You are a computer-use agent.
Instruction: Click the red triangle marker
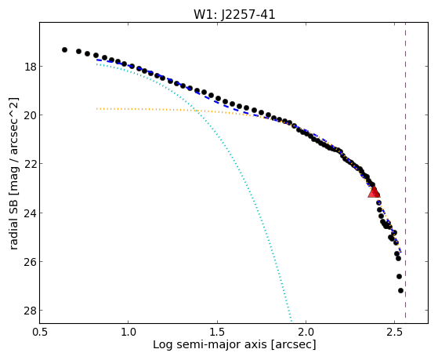click(374, 192)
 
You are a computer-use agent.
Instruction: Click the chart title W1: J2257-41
click(234, 15)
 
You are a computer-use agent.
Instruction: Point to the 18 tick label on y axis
click(30, 67)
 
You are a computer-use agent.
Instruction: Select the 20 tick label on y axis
click(30, 115)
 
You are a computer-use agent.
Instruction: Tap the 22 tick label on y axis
click(30, 164)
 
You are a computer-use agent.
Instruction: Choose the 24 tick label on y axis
click(30, 213)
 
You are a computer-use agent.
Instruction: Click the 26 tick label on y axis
click(30, 262)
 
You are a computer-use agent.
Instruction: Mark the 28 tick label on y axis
click(30, 311)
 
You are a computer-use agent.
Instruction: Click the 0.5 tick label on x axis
click(40, 332)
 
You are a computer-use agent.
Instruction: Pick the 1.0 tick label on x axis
click(129, 332)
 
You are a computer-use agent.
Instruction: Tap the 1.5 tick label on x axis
click(217, 332)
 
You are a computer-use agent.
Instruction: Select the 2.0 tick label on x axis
click(306, 332)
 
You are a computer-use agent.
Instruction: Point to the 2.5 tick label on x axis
click(394, 332)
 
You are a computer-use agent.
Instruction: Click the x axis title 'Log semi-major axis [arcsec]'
click(234, 345)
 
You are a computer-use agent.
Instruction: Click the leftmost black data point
click(64, 49)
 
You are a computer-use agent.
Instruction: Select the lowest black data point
click(400, 291)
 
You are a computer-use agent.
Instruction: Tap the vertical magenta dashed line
click(405, 170)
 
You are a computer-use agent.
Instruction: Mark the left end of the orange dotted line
click(96, 108)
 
